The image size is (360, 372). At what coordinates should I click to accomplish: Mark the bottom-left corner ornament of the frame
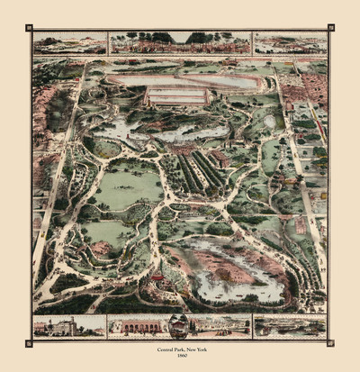pyautogui.click(x=30, y=340)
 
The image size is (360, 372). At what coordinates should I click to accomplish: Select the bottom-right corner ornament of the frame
pyautogui.click(x=330, y=340)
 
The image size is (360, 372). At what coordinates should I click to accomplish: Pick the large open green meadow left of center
pyautogui.click(x=126, y=186)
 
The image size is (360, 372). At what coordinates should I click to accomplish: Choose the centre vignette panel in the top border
pyautogui.click(x=180, y=43)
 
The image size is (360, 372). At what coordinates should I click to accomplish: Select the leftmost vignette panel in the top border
pyautogui.click(x=69, y=43)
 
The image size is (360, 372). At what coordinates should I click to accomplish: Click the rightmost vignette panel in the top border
pyautogui.click(x=290, y=43)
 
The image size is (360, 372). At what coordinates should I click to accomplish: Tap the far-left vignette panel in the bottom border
pyautogui.click(x=69, y=326)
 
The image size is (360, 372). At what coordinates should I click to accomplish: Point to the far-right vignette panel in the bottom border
pyautogui.click(x=290, y=326)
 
